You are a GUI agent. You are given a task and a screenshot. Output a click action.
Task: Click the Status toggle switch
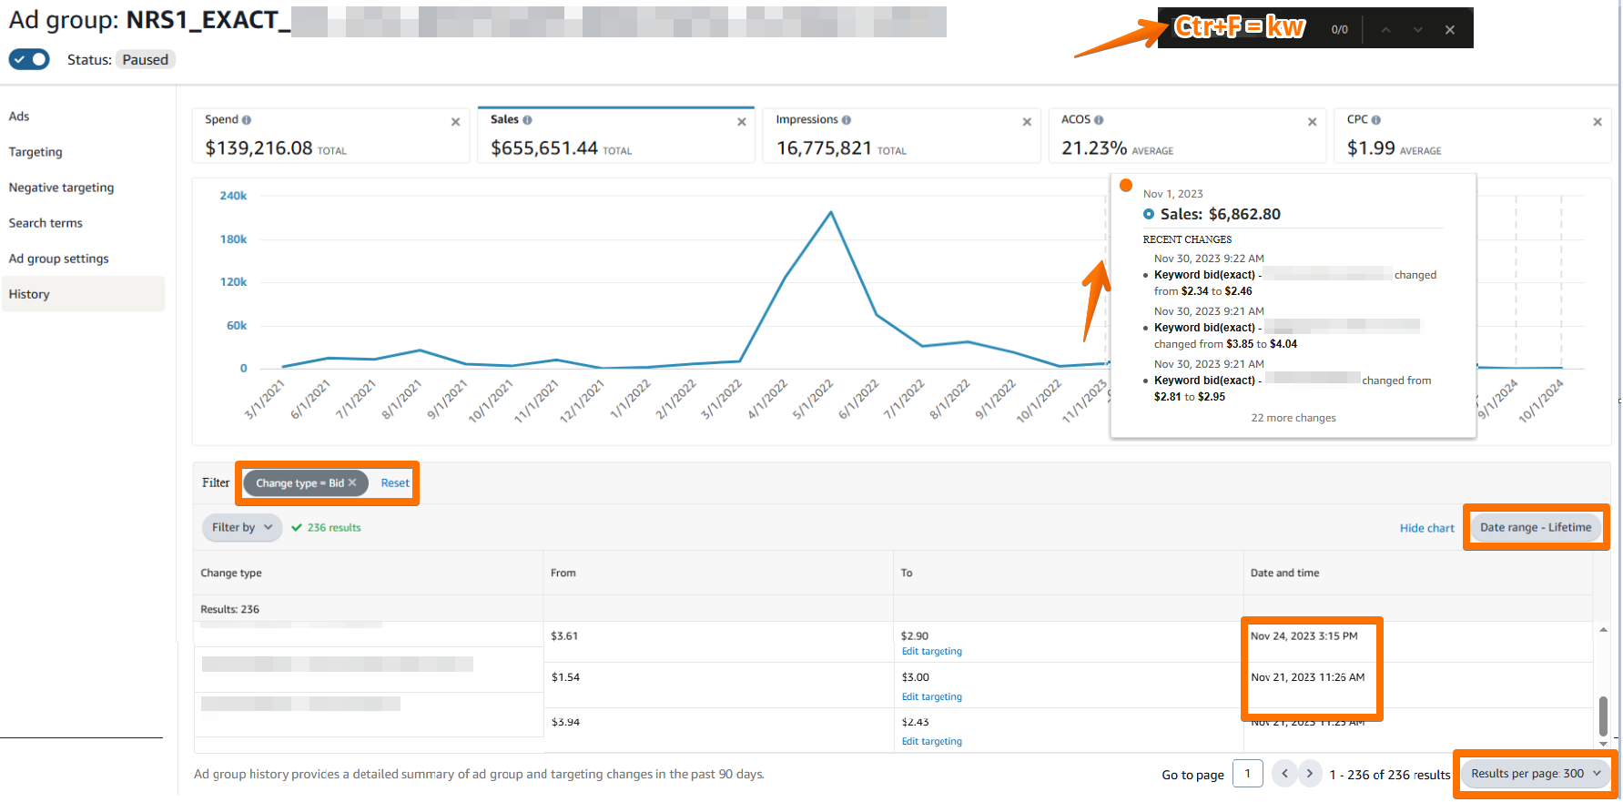[29, 59]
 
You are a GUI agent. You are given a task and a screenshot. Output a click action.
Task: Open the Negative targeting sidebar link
[61, 188]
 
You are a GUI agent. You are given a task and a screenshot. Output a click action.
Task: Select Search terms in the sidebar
[46, 223]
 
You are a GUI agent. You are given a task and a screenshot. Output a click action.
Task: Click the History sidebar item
[29, 294]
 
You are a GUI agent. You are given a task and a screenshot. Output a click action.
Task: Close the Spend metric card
[455, 122]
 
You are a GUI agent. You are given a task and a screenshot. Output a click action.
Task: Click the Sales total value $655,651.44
[543, 148]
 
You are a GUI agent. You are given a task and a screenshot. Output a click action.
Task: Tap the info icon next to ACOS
[1099, 120]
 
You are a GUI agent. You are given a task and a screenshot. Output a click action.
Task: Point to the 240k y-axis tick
[233, 196]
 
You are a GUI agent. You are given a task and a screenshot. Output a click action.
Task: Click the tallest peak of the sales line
[830, 213]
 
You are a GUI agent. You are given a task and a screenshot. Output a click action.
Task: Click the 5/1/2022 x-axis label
[813, 400]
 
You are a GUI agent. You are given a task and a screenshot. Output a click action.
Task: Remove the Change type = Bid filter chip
[352, 482]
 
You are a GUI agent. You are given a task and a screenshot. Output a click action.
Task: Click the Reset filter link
[395, 483]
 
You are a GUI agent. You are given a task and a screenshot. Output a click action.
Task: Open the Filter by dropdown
[242, 527]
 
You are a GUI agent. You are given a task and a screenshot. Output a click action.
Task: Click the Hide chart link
[1426, 528]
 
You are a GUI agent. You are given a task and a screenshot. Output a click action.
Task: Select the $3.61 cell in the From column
[564, 636]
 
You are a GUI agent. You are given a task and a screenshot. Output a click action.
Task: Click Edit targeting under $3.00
[931, 697]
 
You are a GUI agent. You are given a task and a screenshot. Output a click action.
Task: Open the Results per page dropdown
[1535, 774]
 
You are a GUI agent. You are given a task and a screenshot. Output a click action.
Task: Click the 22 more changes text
[1293, 418]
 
